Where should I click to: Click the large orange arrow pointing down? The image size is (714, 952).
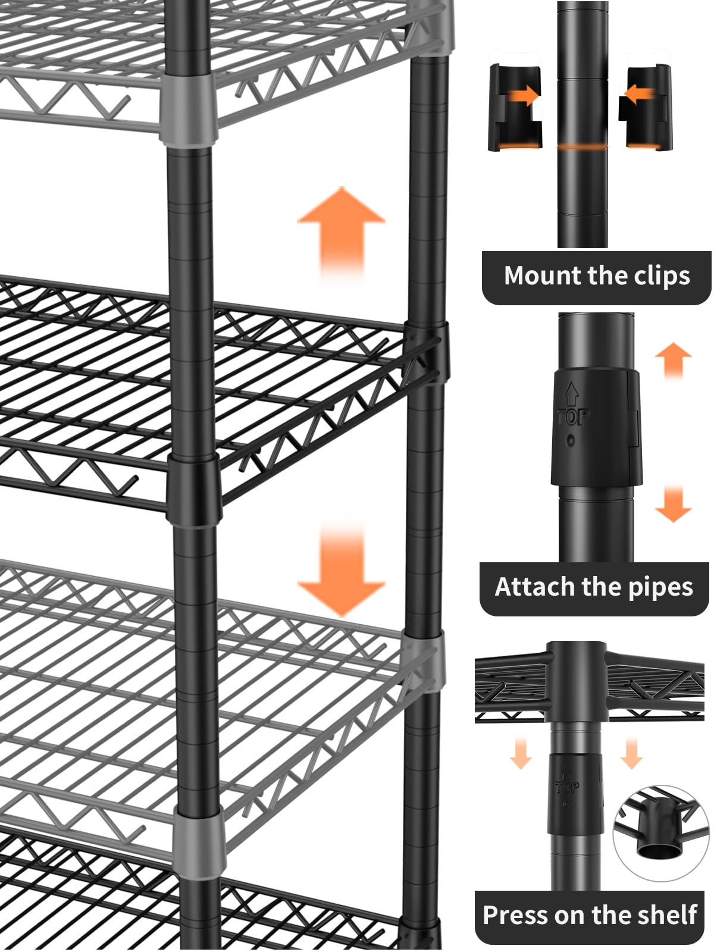[341, 571]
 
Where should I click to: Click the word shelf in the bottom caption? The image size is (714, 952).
[666, 915]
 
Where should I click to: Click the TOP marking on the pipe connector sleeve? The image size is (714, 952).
[572, 416]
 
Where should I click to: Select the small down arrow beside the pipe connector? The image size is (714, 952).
[673, 505]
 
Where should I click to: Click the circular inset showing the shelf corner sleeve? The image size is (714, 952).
[662, 833]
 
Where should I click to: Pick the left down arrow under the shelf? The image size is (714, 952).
[521, 753]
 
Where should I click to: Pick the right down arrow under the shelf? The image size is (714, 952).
[631, 753]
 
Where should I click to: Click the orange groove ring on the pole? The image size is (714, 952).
[583, 146]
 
